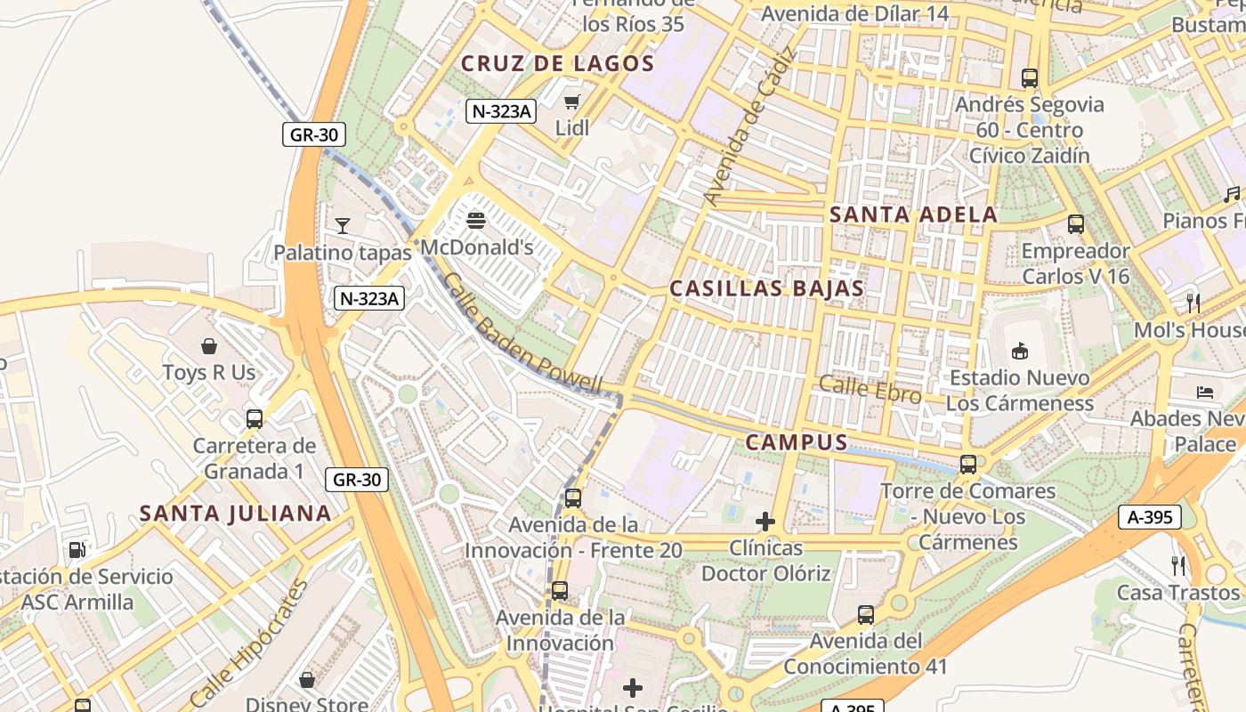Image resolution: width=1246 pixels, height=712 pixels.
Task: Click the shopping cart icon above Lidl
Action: (571, 101)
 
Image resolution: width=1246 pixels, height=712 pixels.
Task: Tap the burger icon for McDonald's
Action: (476, 220)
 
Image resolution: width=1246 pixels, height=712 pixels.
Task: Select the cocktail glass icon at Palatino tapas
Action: (343, 225)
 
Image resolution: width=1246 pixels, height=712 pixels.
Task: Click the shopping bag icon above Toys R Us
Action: (209, 345)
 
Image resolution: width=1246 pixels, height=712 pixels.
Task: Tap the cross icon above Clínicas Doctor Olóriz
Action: (765, 522)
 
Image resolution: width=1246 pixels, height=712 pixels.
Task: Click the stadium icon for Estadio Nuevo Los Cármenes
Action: (1020, 351)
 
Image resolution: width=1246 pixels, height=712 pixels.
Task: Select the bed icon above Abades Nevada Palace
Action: (1205, 392)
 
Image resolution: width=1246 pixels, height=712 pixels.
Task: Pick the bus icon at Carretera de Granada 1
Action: (255, 419)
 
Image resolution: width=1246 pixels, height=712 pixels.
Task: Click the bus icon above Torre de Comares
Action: (968, 465)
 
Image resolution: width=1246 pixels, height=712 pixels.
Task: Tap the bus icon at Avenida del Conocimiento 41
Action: (865, 615)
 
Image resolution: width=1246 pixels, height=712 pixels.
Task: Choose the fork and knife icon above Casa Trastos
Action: (1178, 565)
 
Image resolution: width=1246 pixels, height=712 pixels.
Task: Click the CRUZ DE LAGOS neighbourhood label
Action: (558, 64)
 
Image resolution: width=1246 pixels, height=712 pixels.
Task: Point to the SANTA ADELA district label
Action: (913, 214)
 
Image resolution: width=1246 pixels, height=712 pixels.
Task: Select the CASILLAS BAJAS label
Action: (766, 288)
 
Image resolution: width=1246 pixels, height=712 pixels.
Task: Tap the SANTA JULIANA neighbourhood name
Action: (236, 514)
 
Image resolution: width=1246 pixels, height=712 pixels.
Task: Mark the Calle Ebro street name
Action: (870, 389)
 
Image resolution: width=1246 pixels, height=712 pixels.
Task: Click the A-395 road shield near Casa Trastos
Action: (1150, 517)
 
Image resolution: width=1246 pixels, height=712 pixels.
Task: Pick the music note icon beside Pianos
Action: (1232, 194)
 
